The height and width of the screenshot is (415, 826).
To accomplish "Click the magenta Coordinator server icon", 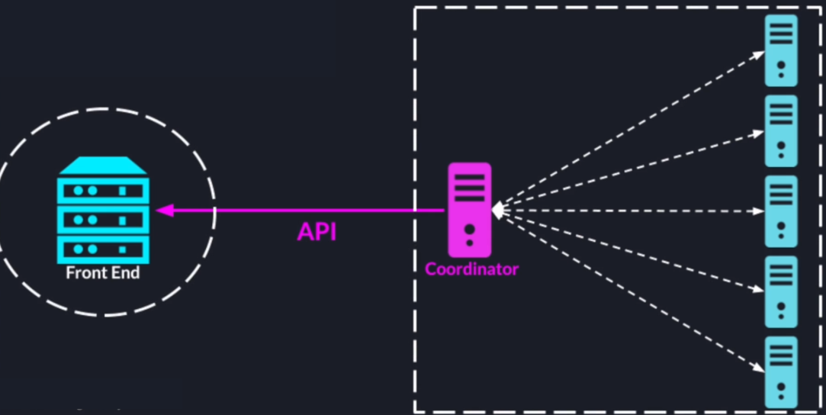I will pyautogui.click(x=469, y=209).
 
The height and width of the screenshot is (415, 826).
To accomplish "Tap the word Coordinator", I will pyautogui.click(x=471, y=269).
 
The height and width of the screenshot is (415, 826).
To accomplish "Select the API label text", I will pyautogui.click(x=317, y=232).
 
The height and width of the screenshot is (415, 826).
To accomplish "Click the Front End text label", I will pyautogui.click(x=103, y=272).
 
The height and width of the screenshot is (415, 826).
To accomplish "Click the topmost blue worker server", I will pyautogui.click(x=781, y=50).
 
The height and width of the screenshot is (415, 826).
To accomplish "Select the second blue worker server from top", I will pyautogui.click(x=781, y=130).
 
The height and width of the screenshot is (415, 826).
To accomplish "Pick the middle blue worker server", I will pyautogui.click(x=781, y=211).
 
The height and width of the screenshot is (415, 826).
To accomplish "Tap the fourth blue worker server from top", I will pyautogui.click(x=781, y=291).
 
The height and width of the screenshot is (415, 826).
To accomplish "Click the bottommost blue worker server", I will pyautogui.click(x=781, y=372).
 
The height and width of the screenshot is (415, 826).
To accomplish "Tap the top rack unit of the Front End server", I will pyautogui.click(x=103, y=190).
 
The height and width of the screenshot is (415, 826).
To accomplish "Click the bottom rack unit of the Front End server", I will pyautogui.click(x=103, y=249).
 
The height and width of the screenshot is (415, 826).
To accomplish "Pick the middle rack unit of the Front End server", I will pyautogui.click(x=103, y=220).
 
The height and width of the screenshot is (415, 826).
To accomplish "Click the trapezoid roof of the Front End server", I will pyautogui.click(x=103, y=165).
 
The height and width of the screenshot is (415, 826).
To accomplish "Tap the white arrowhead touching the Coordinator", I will pyautogui.click(x=497, y=210).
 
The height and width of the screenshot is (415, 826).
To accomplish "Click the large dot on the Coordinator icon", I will pyautogui.click(x=470, y=229).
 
